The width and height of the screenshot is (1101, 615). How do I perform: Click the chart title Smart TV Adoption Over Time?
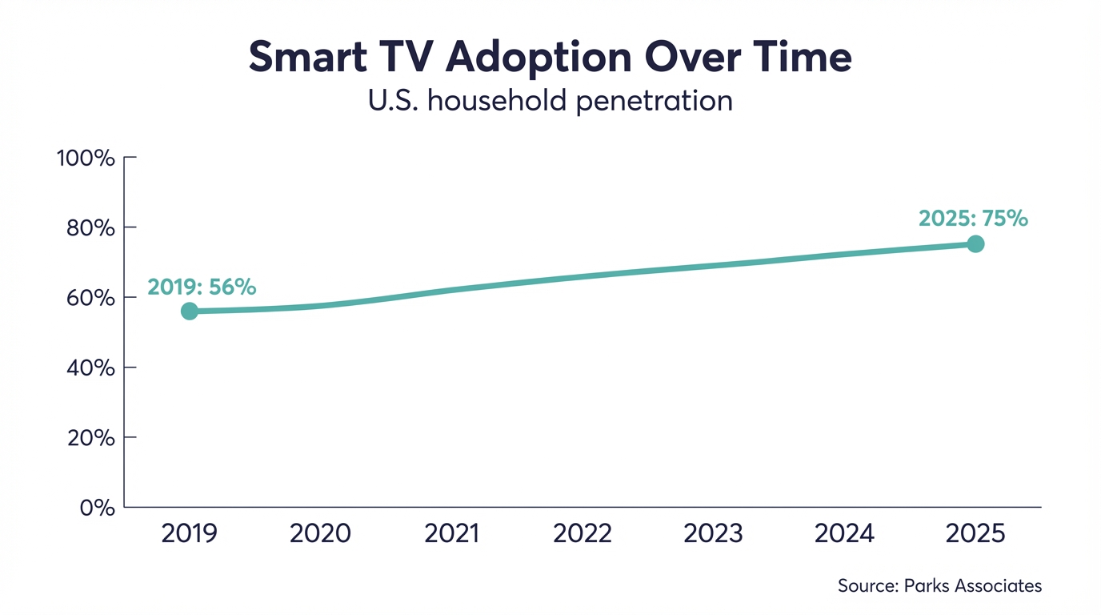550,57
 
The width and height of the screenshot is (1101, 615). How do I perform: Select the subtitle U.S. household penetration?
550,102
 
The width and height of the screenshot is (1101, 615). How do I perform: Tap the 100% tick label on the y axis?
86,158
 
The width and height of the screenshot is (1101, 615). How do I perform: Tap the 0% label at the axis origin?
98,508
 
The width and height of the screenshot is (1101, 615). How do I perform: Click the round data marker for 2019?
189,312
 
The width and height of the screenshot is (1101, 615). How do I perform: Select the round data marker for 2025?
975,244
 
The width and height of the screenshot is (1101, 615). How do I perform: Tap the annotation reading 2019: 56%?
202,287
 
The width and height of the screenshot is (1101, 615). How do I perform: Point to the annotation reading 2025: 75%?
973,219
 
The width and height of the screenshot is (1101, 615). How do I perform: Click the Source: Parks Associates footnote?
939,586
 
